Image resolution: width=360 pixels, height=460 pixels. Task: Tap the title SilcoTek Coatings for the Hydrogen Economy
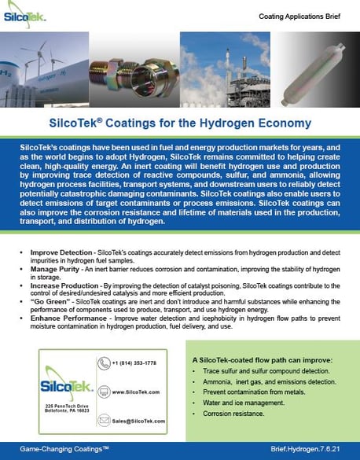[x=180, y=124]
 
